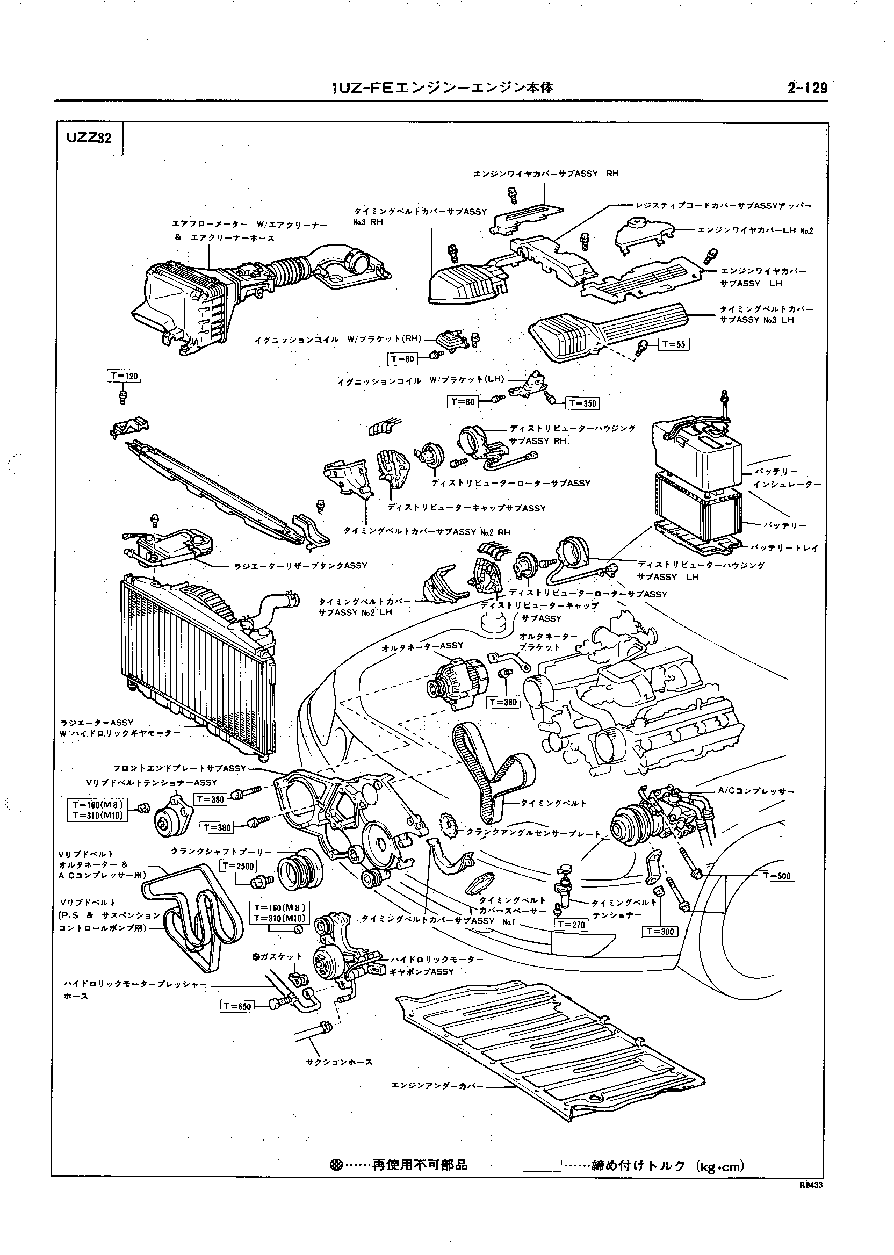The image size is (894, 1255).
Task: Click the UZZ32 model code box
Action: [x=89, y=138]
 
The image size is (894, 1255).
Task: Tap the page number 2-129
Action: [x=807, y=89]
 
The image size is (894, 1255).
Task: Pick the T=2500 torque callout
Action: [x=239, y=866]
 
